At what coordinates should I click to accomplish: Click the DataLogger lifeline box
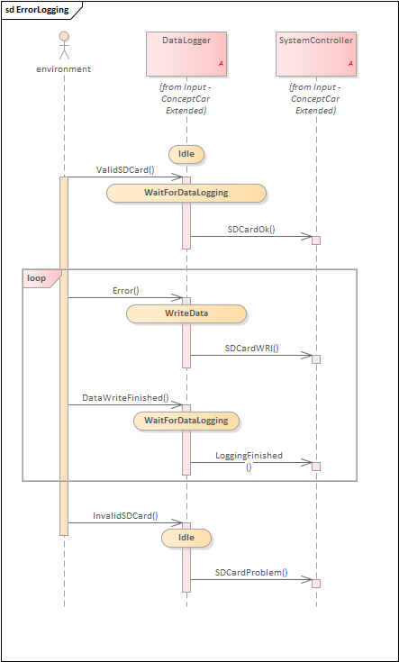(x=186, y=54)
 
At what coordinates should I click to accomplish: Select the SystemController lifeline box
(x=316, y=54)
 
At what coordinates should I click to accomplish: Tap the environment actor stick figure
(x=64, y=45)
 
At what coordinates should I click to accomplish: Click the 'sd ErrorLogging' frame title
(x=37, y=10)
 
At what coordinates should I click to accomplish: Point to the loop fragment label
(x=36, y=278)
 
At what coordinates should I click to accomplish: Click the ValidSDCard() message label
(x=125, y=170)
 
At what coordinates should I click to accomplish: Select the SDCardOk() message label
(x=251, y=230)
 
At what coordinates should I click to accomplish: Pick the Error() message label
(x=126, y=290)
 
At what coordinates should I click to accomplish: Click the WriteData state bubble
(x=186, y=314)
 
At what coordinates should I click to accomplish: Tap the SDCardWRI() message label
(x=251, y=349)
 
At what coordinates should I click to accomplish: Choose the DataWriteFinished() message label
(x=125, y=398)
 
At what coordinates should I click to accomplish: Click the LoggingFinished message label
(x=249, y=461)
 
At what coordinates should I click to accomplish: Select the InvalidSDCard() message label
(x=125, y=515)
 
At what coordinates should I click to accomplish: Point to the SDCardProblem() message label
(x=251, y=573)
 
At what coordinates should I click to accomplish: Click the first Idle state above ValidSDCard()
(x=186, y=154)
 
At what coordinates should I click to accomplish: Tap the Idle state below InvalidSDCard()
(x=186, y=538)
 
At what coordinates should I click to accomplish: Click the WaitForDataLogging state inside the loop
(x=186, y=421)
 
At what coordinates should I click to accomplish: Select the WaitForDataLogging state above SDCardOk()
(x=186, y=193)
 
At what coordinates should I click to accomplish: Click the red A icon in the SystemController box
(x=350, y=64)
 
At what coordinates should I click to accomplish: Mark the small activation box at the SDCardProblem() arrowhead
(x=316, y=583)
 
